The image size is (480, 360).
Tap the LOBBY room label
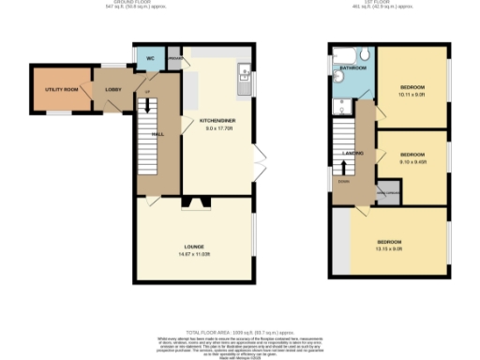(112, 90)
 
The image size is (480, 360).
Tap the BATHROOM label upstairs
(352, 68)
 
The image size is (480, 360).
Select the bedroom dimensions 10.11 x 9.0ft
(412, 94)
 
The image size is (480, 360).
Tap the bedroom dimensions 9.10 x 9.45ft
(412, 160)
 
